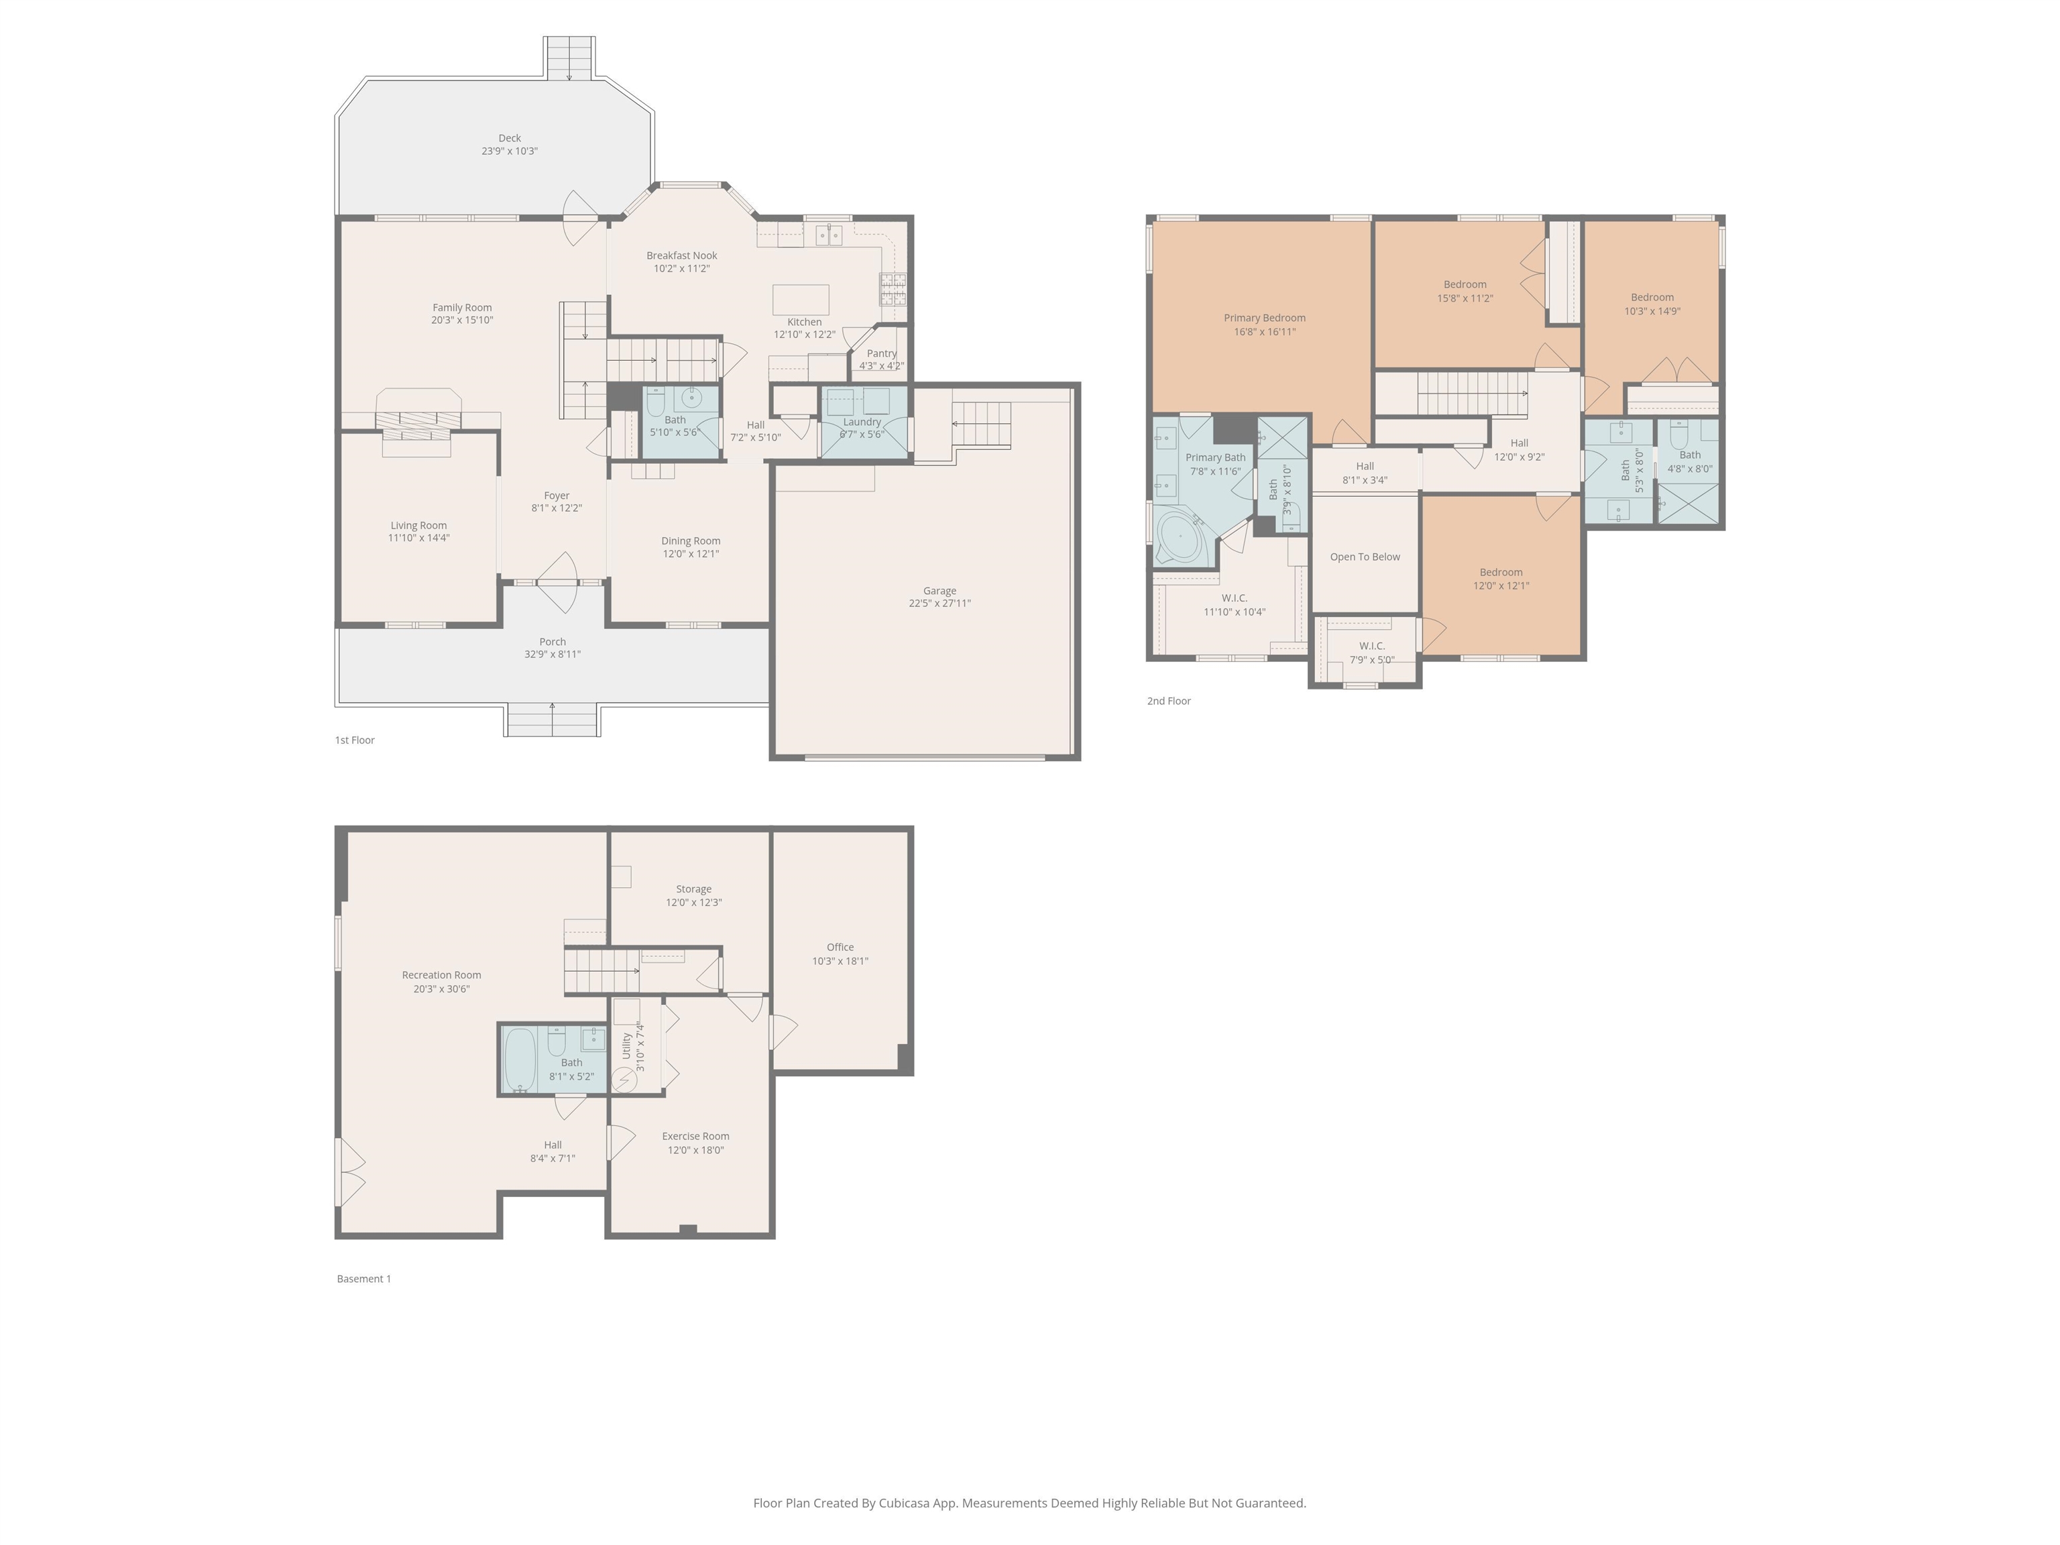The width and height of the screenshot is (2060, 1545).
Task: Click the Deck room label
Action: (510, 138)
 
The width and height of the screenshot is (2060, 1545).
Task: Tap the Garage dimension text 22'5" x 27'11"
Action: (939, 604)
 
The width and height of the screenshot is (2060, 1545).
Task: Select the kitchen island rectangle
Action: (800, 300)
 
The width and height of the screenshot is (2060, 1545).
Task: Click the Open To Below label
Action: (1365, 557)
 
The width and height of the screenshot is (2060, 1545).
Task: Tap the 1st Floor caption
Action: (355, 740)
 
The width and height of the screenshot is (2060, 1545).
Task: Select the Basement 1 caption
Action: (363, 1279)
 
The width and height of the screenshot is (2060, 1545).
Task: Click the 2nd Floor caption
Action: (1168, 701)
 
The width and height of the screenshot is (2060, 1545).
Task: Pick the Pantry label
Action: (881, 354)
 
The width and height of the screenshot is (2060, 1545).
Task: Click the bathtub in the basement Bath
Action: (520, 1059)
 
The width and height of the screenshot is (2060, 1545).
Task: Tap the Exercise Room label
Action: (695, 1136)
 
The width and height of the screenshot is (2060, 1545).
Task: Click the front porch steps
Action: (553, 720)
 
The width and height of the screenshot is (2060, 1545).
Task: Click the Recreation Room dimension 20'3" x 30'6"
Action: (441, 989)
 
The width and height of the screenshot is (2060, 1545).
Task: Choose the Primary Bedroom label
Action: (1264, 319)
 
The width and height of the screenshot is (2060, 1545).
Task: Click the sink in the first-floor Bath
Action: (691, 398)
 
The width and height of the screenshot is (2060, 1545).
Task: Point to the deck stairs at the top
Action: (569, 58)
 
